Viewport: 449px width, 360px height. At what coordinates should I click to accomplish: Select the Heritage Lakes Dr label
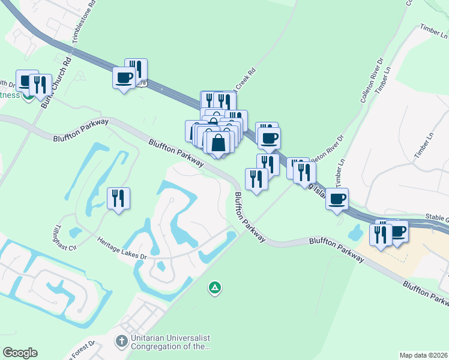click(x=122, y=248)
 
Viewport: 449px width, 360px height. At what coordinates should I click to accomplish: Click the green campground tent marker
click(x=214, y=289)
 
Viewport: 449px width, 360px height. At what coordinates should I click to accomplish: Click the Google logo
click(x=20, y=353)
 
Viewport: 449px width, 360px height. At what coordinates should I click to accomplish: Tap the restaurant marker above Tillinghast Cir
click(x=118, y=199)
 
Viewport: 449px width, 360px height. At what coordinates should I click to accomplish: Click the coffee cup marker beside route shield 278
click(x=124, y=78)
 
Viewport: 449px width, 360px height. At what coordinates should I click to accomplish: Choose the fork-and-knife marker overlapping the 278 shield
click(x=136, y=70)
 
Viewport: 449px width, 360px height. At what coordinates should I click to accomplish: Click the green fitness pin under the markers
click(x=27, y=97)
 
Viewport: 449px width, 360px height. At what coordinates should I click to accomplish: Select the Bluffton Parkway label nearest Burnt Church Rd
click(x=81, y=130)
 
